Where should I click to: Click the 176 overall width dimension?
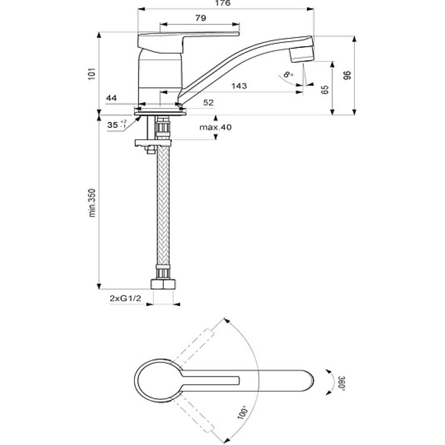click(x=222, y=3)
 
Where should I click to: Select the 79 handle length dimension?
click(x=201, y=18)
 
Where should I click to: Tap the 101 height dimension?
click(x=92, y=73)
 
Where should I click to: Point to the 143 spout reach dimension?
click(x=239, y=86)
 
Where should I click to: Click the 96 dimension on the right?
click(x=347, y=76)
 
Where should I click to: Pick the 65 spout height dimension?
click(x=325, y=90)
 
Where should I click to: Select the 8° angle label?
click(x=288, y=75)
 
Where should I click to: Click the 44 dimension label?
click(x=112, y=98)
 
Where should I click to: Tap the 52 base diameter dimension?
click(x=208, y=102)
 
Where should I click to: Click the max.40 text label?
click(x=215, y=127)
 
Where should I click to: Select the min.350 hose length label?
click(x=92, y=202)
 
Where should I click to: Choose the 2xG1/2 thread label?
click(x=125, y=298)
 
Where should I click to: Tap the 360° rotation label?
click(x=342, y=383)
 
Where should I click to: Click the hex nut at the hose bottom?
click(x=163, y=284)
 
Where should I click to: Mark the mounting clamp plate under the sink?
click(x=154, y=142)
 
